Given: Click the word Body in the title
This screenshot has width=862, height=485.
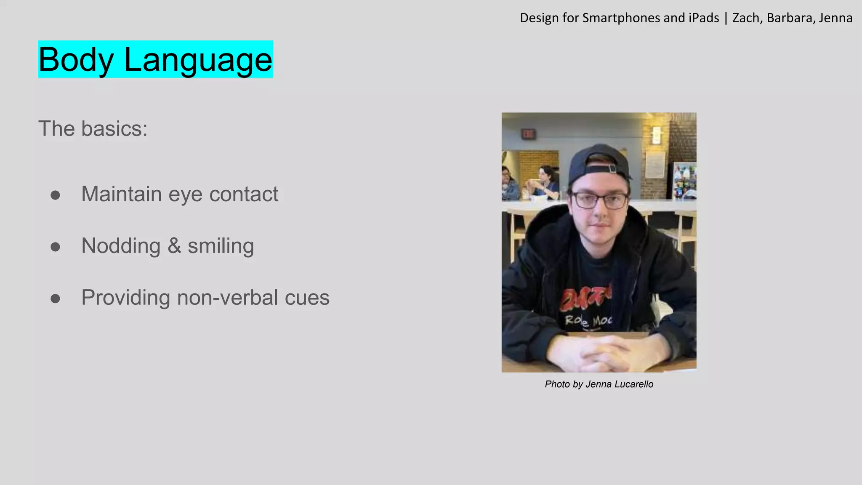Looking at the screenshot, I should click(x=76, y=60).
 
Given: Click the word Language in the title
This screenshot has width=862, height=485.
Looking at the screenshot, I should click(x=198, y=60).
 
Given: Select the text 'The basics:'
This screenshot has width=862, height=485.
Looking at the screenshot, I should click(x=93, y=129).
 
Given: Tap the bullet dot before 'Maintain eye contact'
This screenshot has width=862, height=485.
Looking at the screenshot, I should click(x=55, y=195).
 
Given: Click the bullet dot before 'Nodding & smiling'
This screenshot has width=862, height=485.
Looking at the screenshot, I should click(x=55, y=247).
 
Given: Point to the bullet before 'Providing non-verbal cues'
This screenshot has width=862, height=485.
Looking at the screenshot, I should click(x=55, y=298).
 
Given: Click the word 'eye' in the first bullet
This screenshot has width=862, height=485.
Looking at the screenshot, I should click(x=185, y=195).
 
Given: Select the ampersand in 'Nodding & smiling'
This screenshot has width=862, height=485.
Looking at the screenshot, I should click(x=174, y=246).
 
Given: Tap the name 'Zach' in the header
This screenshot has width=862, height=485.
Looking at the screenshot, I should click(x=747, y=18).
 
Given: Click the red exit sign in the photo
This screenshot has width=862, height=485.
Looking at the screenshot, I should click(x=528, y=134).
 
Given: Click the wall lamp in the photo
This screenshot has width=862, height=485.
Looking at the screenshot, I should click(x=656, y=135).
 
